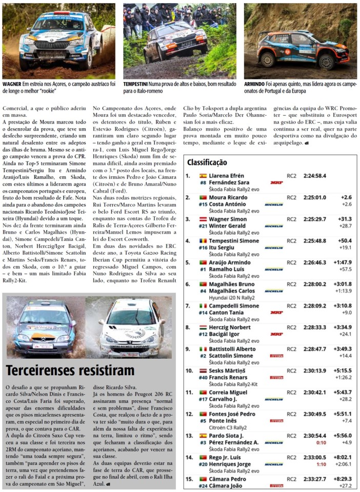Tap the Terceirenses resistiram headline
pyautogui.click(x=70, y=371)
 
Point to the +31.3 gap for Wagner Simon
pyautogui.click(x=345, y=219)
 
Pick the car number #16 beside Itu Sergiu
pyautogui.click(x=203, y=248)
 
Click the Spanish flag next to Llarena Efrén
pyautogui.click(x=203, y=175)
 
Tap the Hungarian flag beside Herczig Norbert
pyautogui.click(x=203, y=327)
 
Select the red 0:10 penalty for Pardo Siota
pyautogui.click(x=321, y=442)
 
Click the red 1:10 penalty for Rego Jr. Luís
pyautogui.click(x=321, y=464)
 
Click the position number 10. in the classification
pyautogui.click(x=189, y=370)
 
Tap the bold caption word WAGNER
pyautogui.click(x=12, y=83)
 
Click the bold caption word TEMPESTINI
pyautogui.click(x=136, y=83)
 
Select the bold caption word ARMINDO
pyautogui.click(x=254, y=83)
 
